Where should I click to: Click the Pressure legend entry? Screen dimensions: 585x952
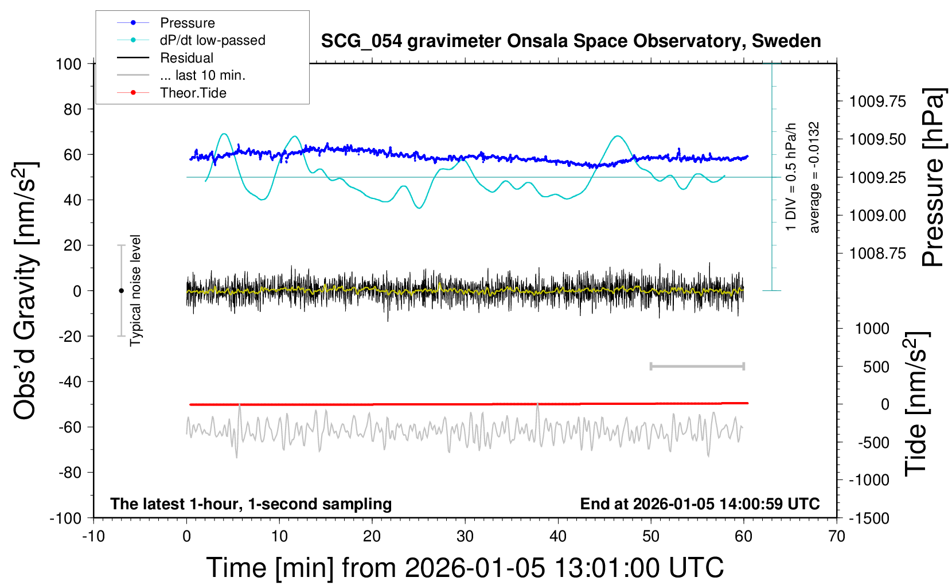tap(187, 23)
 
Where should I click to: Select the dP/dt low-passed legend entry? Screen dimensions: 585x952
tap(212, 40)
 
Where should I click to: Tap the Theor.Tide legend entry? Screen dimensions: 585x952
tap(193, 93)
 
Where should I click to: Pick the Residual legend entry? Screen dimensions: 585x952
tap(186, 58)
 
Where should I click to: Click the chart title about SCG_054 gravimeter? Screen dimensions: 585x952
tap(571, 41)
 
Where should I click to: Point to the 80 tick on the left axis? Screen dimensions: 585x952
tap(72, 109)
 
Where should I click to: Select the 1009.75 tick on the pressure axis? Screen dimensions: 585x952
tap(877, 102)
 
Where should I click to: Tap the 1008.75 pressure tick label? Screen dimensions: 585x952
tap(877, 253)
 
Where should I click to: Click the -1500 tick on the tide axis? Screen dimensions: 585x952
tap(869, 518)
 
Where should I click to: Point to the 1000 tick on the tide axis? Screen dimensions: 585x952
tap(872, 329)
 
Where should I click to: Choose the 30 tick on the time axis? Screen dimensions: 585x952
tap(465, 537)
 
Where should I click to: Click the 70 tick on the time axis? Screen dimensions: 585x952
tap(837, 537)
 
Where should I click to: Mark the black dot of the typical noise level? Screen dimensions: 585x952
tap(121, 291)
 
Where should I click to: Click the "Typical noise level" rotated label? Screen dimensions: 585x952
tap(135, 290)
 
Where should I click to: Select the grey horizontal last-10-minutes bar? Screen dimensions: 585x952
tap(697, 366)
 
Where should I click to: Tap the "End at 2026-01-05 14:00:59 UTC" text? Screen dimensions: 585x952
tap(700, 504)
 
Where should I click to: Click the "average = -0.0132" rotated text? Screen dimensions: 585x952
tap(814, 177)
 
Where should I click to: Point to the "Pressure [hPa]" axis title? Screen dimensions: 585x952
tap(933, 177)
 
